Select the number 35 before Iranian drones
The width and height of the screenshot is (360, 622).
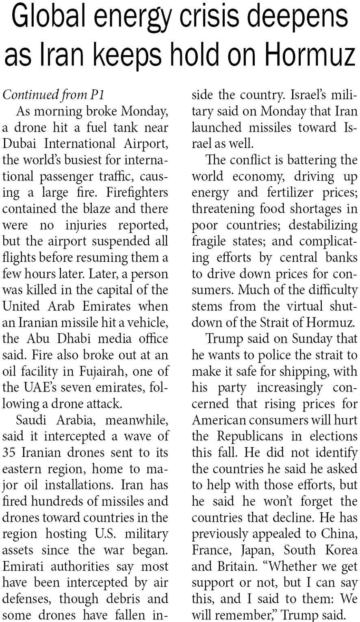(x=9, y=452)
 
